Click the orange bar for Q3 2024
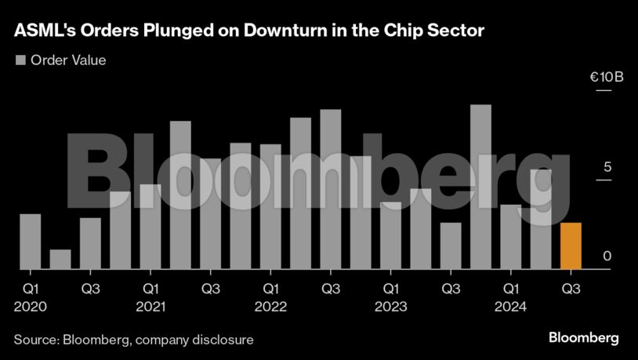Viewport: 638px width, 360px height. pyautogui.click(x=571, y=246)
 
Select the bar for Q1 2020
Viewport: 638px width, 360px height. pyautogui.click(x=31, y=242)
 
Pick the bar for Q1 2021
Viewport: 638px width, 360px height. pyautogui.click(x=150, y=227)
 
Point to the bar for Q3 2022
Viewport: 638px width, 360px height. pyautogui.click(x=331, y=189)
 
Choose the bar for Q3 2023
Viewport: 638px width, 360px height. pyautogui.click(x=451, y=246)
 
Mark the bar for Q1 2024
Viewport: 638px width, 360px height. pyautogui.click(x=511, y=237)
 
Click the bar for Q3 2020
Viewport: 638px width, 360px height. pyautogui.click(x=90, y=244)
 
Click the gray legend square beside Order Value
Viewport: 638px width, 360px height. pyautogui.click(x=20, y=60)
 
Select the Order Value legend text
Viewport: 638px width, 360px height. pyautogui.click(x=68, y=60)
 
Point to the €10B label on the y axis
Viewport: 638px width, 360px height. pyautogui.click(x=606, y=78)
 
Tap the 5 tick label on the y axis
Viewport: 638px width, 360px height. pyautogui.click(x=606, y=167)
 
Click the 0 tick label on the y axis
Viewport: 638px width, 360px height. pyautogui.click(x=606, y=256)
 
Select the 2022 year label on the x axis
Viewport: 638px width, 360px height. pyautogui.click(x=271, y=307)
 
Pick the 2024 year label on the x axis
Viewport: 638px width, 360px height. pyautogui.click(x=511, y=307)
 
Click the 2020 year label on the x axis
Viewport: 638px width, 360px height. pyautogui.click(x=31, y=307)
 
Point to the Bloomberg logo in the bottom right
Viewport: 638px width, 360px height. pyautogui.click(x=583, y=338)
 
